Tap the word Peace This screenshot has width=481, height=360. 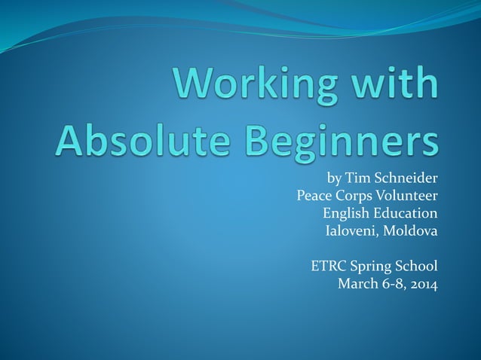coord(314,196)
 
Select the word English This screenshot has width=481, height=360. coord(345,213)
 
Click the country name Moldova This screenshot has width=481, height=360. coord(411,230)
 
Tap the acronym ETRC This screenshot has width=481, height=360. coord(327,265)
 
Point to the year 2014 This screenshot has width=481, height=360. coord(421,283)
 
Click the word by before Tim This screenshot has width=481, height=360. coord(333,179)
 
